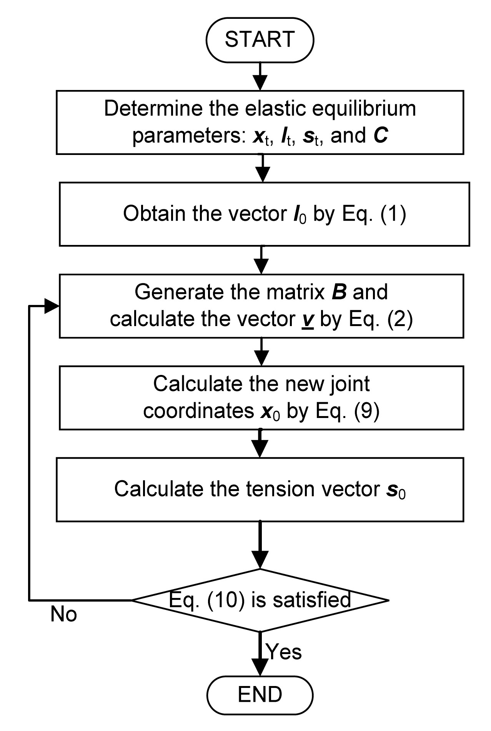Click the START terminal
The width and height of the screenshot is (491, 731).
pos(260,40)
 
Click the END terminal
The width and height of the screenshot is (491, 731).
pos(260,694)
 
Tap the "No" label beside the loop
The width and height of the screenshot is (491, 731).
pos(63,614)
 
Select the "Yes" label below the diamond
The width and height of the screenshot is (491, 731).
pos(284,652)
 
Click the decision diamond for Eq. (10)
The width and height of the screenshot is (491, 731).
pos(260,600)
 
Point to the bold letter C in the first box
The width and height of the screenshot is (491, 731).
pos(380,136)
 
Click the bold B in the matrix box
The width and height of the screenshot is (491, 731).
pos(340,292)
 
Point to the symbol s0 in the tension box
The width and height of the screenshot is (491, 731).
pos(396,490)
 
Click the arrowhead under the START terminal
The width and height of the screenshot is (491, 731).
pos(261,82)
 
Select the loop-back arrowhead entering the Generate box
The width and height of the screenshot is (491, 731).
pos(52,306)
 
